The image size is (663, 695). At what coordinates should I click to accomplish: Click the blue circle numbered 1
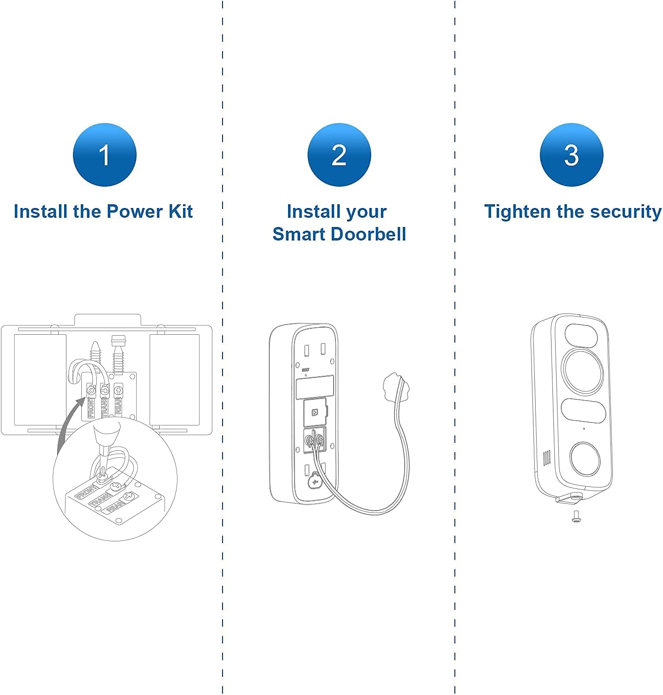[105, 155]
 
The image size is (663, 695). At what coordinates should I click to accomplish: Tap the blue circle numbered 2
[339, 155]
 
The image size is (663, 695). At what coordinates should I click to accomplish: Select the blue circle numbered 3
[571, 155]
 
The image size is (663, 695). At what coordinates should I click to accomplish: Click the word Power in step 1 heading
[135, 211]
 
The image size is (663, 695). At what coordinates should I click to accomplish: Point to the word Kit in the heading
[180, 211]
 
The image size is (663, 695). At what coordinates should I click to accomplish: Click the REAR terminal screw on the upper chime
[118, 390]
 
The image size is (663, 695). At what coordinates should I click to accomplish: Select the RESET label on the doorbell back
[305, 370]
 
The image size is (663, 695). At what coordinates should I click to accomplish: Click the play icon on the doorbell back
[315, 412]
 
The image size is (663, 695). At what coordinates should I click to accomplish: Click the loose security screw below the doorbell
[576, 516]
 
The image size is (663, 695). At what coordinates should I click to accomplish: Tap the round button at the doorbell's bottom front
[585, 459]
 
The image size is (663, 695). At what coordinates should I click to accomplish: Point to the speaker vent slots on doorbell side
[547, 457]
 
